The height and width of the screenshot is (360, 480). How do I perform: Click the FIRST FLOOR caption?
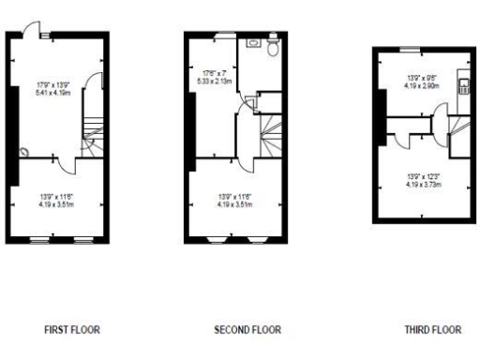tap(72, 330)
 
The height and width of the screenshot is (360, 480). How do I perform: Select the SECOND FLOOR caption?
tap(247, 330)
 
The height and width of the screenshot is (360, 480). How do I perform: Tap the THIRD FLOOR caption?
tap(433, 330)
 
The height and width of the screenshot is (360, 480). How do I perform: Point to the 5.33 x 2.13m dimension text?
tap(217, 81)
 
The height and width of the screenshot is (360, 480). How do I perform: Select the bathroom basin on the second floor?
tap(254, 42)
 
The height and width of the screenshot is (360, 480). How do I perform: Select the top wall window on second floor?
tap(225, 36)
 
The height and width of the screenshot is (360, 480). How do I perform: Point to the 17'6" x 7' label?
tap(217, 72)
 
